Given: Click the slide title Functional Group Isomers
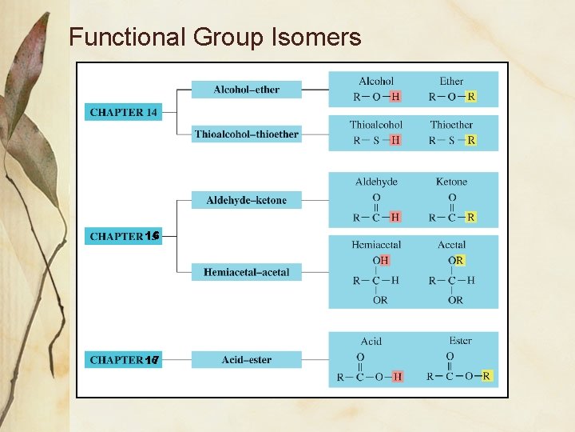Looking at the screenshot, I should pyautogui.click(x=215, y=37).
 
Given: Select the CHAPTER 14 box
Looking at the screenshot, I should pyautogui.click(x=123, y=113).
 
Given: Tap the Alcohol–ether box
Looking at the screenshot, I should pyautogui.click(x=247, y=90).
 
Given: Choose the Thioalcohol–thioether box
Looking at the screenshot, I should pyautogui.click(x=247, y=134).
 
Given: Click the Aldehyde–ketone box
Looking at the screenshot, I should pyautogui.click(x=247, y=200).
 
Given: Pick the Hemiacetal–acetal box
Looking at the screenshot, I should pyautogui.click(x=247, y=273).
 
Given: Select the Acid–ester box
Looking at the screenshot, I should pyautogui.click(x=247, y=360).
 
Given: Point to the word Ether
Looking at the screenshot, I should pyautogui.click(x=451, y=82).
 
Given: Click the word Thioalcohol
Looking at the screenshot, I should pyautogui.click(x=376, y=125).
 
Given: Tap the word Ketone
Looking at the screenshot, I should pyautogui.click(x=451, y=182).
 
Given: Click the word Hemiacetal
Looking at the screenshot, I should pyautogui.click(x=376, y=245).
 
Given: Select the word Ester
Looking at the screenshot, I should pyautogui.click(x=460, y=341).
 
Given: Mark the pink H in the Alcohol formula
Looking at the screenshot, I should pyautogui.click(x=395, y=97).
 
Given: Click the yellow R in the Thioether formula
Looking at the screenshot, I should pyautogui.click(x=471, y=140).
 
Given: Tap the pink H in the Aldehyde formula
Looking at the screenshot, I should pyautogui.click(x=395, y=217).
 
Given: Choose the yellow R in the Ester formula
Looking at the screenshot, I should pyautogui.click(x=486, y=376).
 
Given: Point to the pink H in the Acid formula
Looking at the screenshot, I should pyautogui.click(x=397, y=376).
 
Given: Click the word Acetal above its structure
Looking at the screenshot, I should pyautogui.click(x=451, y=245).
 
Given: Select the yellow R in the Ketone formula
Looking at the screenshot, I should pyautogui.click(x=471, y=217).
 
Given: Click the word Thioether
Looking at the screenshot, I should pyautogui.click(x=451, y=125).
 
